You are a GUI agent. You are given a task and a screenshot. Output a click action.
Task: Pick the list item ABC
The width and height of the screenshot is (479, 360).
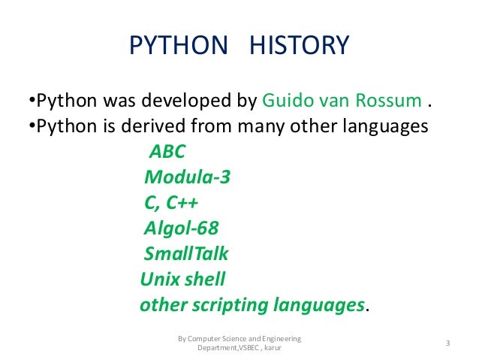(x=167, y=152)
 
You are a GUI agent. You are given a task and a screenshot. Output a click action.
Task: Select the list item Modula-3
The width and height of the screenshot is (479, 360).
(x=187, y=177)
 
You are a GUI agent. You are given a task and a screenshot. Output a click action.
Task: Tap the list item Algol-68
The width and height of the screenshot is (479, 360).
(x=180, y=228)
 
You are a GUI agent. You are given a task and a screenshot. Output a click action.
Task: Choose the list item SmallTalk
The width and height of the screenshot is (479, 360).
(x=185, y=254)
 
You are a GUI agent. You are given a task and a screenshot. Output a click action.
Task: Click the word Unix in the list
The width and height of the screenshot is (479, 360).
(x=158, y=280)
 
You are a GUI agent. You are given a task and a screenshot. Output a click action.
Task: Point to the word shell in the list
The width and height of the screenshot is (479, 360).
(x=203, y=280)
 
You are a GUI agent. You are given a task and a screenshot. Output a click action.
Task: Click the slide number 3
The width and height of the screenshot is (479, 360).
(x=447, y=344)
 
